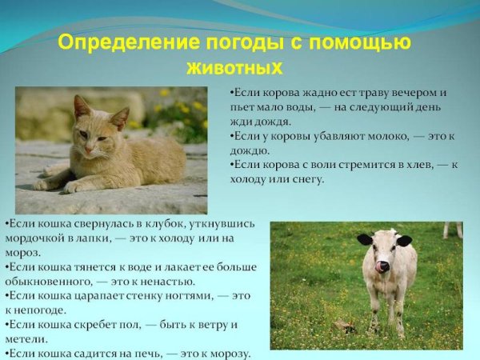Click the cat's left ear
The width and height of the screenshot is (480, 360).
tap(81, 106)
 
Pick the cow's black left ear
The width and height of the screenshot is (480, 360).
tap(365, 239)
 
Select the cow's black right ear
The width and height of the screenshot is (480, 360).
tap(404, 240)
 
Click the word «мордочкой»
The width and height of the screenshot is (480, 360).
tap(34, 238)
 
